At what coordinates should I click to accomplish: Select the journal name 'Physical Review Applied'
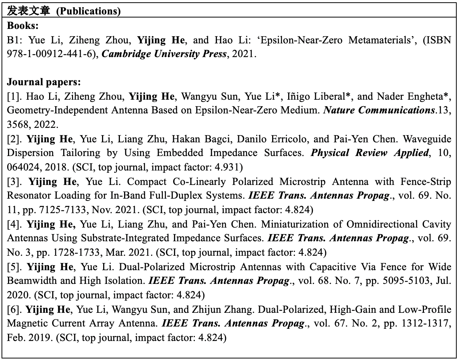click(x=368, y=153)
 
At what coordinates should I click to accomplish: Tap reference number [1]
click(x=15, y=97)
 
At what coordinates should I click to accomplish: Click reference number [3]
click(x=15, y=182)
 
